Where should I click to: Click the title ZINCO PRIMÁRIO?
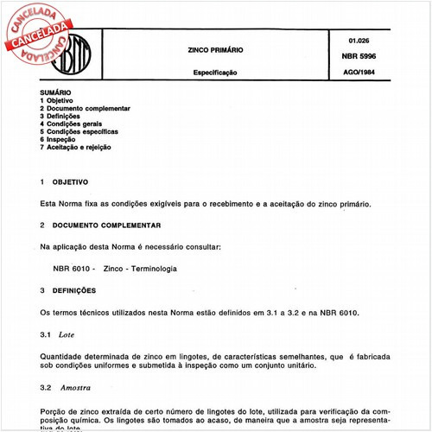pos(215,50)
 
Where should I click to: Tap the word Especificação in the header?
pos(214,73)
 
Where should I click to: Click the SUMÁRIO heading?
pos(56,92)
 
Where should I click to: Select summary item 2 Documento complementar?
pos(86,108)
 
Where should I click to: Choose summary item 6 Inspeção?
pos(63,139)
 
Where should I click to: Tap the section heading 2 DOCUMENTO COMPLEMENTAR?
pos(100,225)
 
